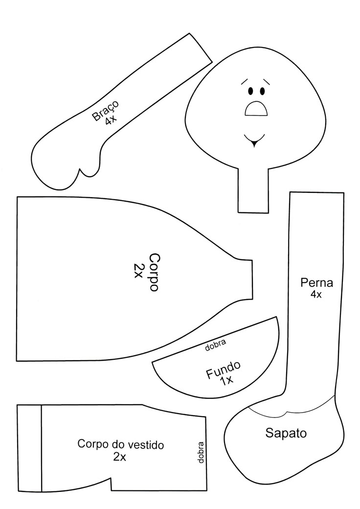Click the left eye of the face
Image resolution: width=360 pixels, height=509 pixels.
251,91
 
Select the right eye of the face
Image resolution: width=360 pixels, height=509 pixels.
263,91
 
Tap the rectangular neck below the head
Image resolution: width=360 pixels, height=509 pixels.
253,190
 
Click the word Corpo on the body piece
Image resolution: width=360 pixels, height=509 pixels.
154,273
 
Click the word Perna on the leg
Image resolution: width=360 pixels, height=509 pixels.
316,283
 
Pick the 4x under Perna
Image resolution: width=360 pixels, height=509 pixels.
316,295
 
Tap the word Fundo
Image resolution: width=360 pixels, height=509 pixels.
224,370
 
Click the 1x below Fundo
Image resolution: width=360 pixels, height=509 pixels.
226,381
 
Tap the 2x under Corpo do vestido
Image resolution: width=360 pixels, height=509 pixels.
119,457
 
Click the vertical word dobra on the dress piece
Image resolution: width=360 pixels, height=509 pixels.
201,453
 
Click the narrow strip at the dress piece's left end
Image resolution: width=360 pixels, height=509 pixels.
29,448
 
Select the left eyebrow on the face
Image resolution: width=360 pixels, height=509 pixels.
246,80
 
